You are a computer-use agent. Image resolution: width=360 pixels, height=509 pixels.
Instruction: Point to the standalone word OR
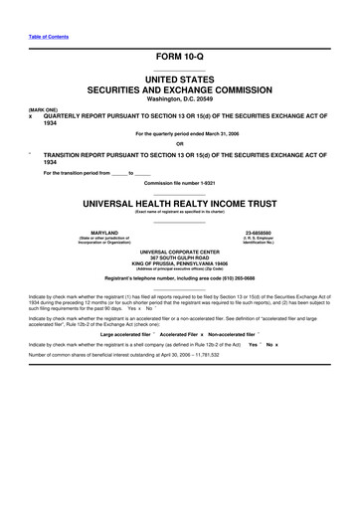click(180, 143)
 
